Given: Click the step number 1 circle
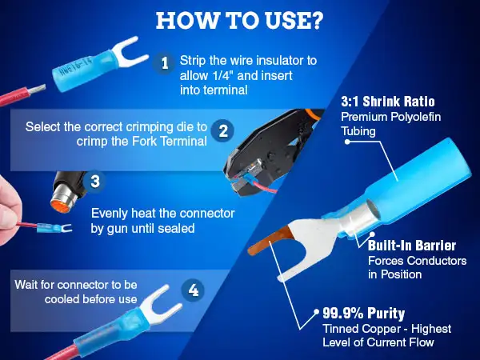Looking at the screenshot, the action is pos(165,63).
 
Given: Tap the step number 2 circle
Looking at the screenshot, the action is pos(223,131).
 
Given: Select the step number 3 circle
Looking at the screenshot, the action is pos(94,181).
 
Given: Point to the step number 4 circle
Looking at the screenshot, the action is pos(193,290).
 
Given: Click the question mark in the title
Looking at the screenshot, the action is pos(314,20).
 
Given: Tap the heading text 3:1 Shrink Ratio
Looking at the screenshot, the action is pos(388,102).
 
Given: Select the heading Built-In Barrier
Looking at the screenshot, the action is pos(412,246).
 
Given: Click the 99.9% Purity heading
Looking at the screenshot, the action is pos(364,313).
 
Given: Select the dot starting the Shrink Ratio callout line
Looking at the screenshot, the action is pos(347,142).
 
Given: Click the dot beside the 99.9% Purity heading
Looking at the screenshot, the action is pos(316,311).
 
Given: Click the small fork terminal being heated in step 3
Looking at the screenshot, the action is pos(54,228).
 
